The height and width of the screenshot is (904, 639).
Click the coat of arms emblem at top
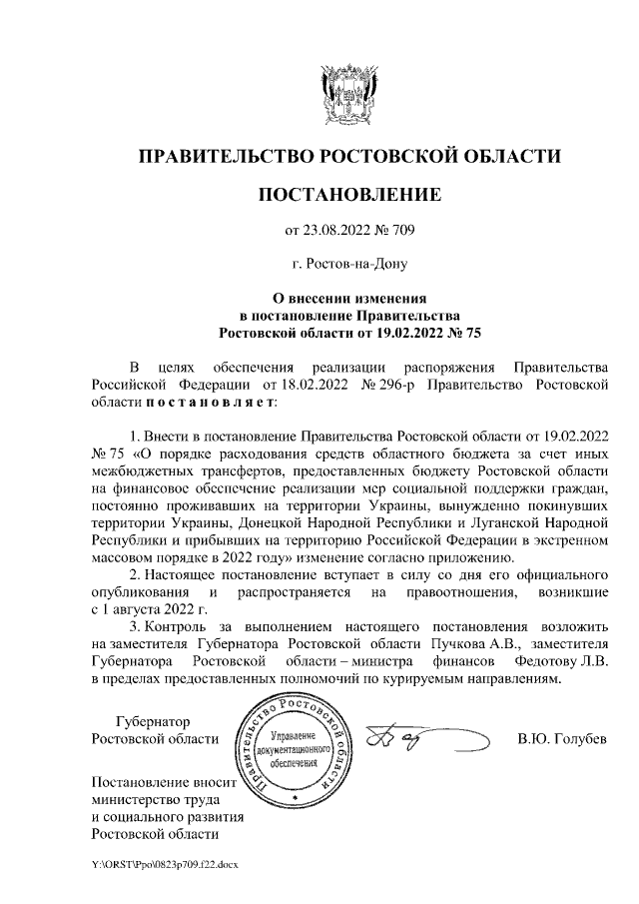349,94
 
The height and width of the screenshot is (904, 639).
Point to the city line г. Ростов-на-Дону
349,265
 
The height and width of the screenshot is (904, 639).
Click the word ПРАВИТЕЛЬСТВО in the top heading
225,156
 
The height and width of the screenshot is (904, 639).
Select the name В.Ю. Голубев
561,740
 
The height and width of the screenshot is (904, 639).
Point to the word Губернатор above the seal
153,721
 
